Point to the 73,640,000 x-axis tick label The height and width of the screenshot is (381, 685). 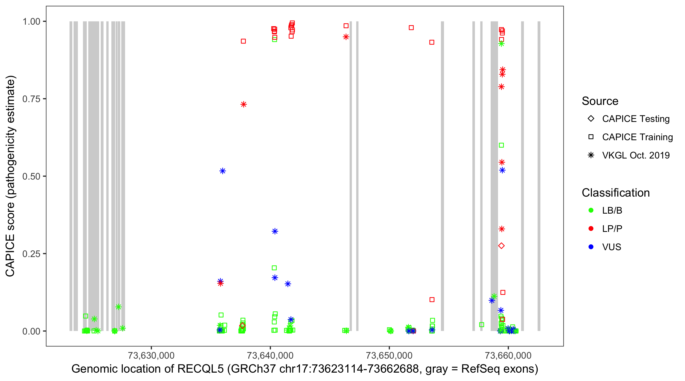click(270, 355)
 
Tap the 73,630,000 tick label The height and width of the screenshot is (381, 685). click(151, 355)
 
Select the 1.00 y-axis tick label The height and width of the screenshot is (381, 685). click(31, 22)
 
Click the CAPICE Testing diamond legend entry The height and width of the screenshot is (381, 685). click(591, 119)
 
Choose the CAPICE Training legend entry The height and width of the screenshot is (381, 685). click(591, 137)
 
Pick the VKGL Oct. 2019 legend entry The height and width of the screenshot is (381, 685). click(591, 155)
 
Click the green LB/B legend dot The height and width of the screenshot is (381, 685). click(591, 210)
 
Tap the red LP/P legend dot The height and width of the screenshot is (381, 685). click(591, 229)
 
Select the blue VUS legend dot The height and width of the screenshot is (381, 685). click(591, 247)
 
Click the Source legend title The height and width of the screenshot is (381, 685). click(600, 101)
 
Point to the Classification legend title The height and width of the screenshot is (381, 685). click(615, 193)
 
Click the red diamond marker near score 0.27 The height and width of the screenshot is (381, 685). click(501, 246)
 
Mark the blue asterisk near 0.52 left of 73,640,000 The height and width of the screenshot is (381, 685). click(222, 171)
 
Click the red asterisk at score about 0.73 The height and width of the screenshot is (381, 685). click(244, 104)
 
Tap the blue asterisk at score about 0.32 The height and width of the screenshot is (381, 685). click(275, 231)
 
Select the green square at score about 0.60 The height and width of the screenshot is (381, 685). click(501, 145)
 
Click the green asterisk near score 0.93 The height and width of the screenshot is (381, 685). click(501, 44)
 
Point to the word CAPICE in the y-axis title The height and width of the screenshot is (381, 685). click(10, 255)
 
